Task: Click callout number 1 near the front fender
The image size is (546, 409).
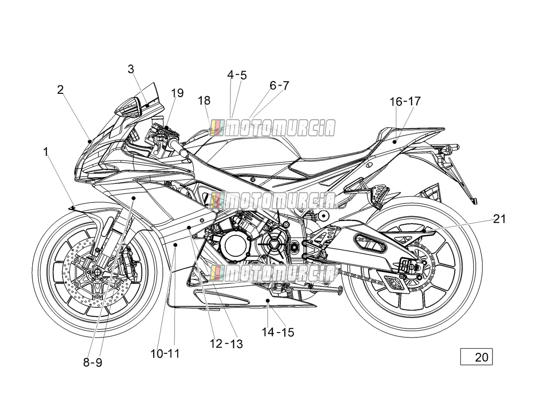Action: pos(45,152)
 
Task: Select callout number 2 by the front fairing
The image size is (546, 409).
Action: pos(60,90)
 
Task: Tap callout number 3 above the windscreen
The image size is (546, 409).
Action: pos(131,69)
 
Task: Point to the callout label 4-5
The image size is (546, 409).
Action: pos(237,75)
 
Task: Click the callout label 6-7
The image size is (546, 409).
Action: pos(279,86)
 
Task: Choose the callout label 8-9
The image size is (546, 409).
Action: pos(93,362)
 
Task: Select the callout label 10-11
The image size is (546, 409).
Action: pos(165,354)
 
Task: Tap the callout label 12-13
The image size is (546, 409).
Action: pos(226,344)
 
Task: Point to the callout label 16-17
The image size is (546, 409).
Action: pos(405,101)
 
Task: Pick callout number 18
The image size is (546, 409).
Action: pos(204,101)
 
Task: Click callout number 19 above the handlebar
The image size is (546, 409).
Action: pos(177,93)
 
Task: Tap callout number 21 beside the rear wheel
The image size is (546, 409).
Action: pos(499,219)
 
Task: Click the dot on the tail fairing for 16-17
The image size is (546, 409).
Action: pos(395,142)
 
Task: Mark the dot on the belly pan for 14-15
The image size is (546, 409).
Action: pos(268,300)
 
